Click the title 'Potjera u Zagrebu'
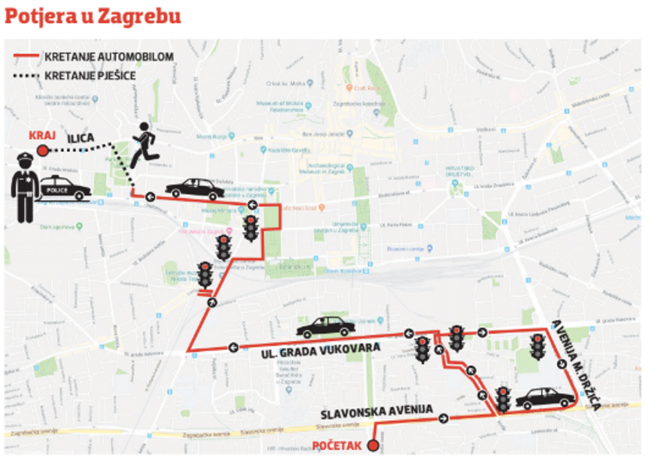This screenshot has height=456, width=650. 93,16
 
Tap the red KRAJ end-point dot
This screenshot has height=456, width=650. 43,150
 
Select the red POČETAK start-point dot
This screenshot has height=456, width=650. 374,445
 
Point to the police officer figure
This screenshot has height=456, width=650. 25,187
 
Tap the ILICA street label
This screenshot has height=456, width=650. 80,139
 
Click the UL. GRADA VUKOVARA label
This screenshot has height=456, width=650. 322,351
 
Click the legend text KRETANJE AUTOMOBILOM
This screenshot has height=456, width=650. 109,57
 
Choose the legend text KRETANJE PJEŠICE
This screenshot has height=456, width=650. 90,75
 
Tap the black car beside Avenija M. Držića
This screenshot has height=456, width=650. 545,398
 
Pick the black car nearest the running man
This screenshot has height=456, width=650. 194,188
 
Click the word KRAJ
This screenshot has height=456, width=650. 41,134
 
